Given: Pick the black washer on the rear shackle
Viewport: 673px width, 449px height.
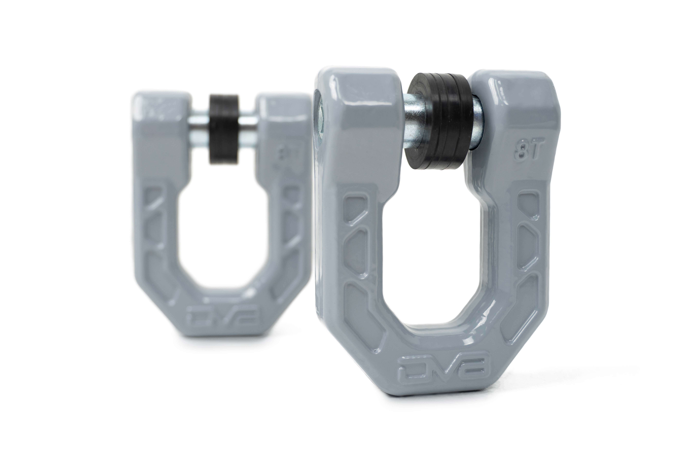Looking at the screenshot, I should [x=224, y=129].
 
